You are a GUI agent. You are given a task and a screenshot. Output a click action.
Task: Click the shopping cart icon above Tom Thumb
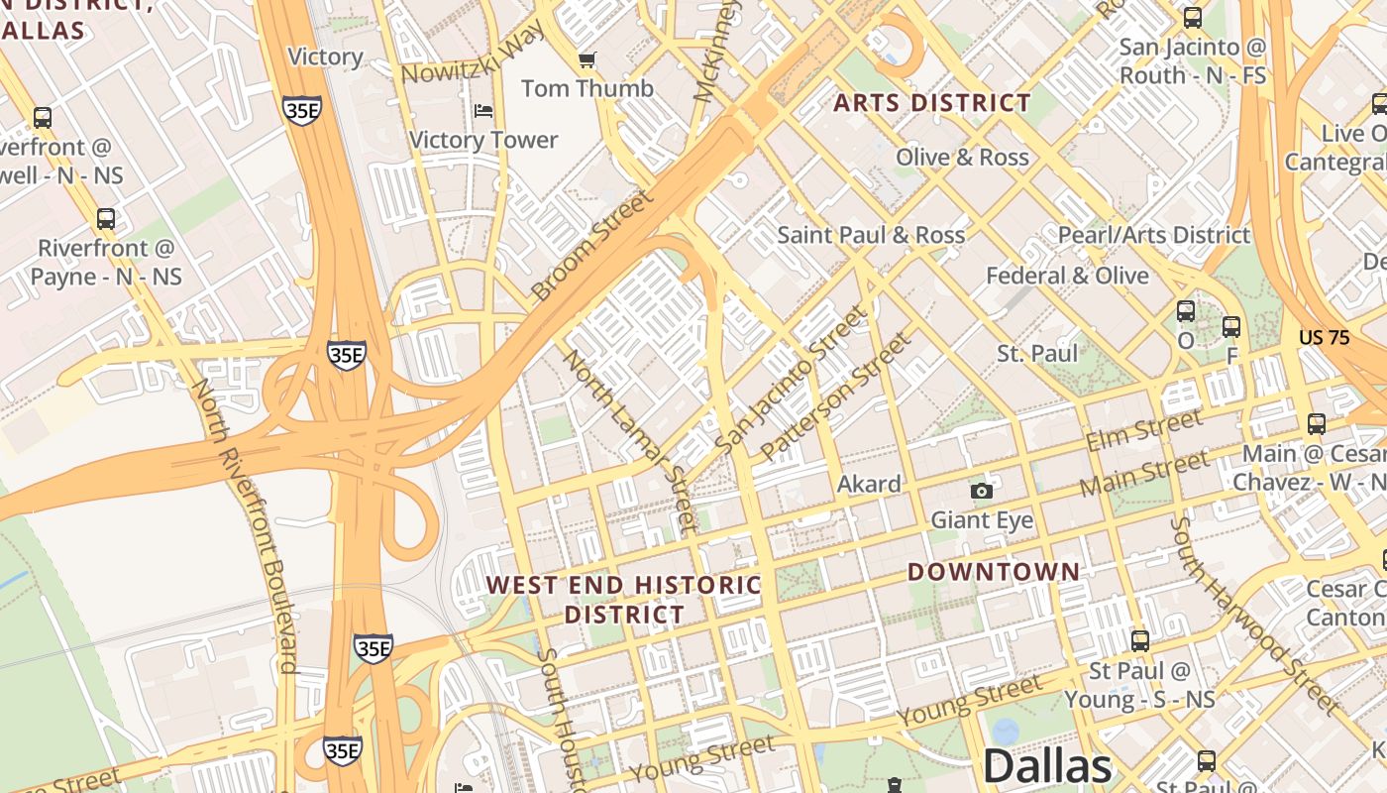[587, 60]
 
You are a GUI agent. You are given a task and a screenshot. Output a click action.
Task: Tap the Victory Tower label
[483, 140]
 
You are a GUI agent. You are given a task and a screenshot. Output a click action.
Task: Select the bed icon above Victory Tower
[483, 110]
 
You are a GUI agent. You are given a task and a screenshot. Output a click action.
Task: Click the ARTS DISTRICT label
[931, 103]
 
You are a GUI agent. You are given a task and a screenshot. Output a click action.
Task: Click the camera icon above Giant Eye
[981, 491]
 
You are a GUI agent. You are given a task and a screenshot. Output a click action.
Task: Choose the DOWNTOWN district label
[994, 572]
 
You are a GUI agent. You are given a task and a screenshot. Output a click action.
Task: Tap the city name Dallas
[1047, 766]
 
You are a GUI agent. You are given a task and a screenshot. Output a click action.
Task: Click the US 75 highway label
[1324, 338]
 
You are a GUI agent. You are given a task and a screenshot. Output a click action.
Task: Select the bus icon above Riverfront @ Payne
[106, 219]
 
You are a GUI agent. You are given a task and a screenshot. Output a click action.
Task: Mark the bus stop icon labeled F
[1231, 326]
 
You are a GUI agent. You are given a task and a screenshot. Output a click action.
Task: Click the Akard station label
[869, 484]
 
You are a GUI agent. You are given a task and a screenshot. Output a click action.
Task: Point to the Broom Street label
[591, 245]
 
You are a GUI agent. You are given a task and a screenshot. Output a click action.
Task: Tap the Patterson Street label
[834, 396]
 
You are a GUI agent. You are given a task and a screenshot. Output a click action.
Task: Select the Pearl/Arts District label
[1154, 235]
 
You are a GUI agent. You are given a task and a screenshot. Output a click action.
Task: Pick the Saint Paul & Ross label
[870, 235]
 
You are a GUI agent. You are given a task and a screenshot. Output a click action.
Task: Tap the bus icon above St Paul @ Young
[1140, 641]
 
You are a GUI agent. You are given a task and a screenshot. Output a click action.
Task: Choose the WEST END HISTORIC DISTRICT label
[624, 599]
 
